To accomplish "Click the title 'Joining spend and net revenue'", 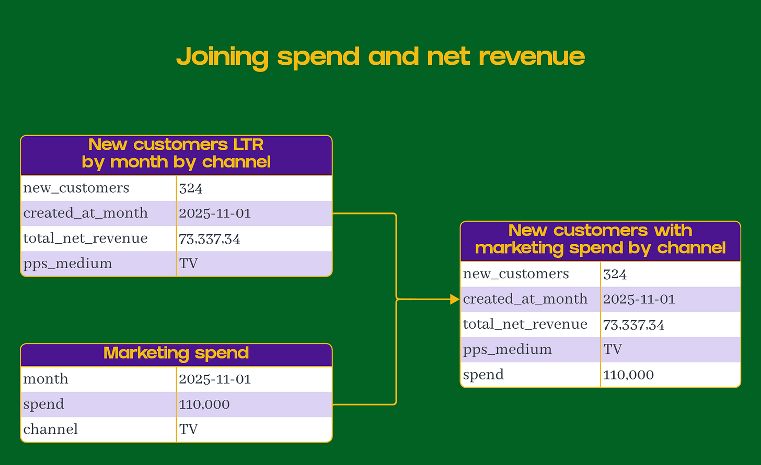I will pos(380,57).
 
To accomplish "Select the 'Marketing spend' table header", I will pos(176,353).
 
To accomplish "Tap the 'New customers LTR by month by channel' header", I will pos(176,153).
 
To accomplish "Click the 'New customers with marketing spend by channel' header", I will pos(600,239).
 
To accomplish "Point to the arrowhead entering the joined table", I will pos(455,300).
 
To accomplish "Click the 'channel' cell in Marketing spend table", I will pos(51,430).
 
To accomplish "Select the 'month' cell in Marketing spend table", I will pos(46,379).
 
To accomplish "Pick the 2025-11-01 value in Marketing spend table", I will pos(215,379).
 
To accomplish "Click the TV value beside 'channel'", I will pos(189,430).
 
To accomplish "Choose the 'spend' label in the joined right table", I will pos(483,375).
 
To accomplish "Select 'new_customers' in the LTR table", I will pos(76,188).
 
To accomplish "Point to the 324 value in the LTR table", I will pos(191,188).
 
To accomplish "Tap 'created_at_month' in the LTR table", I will pos(86,213).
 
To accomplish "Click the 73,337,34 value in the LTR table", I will pos(210,239).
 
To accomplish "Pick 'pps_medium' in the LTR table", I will pos(68,264).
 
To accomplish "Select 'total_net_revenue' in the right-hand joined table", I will pos(525,325).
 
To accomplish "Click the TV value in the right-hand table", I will pos(613,349).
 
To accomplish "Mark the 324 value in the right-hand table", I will pos(615,274).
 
